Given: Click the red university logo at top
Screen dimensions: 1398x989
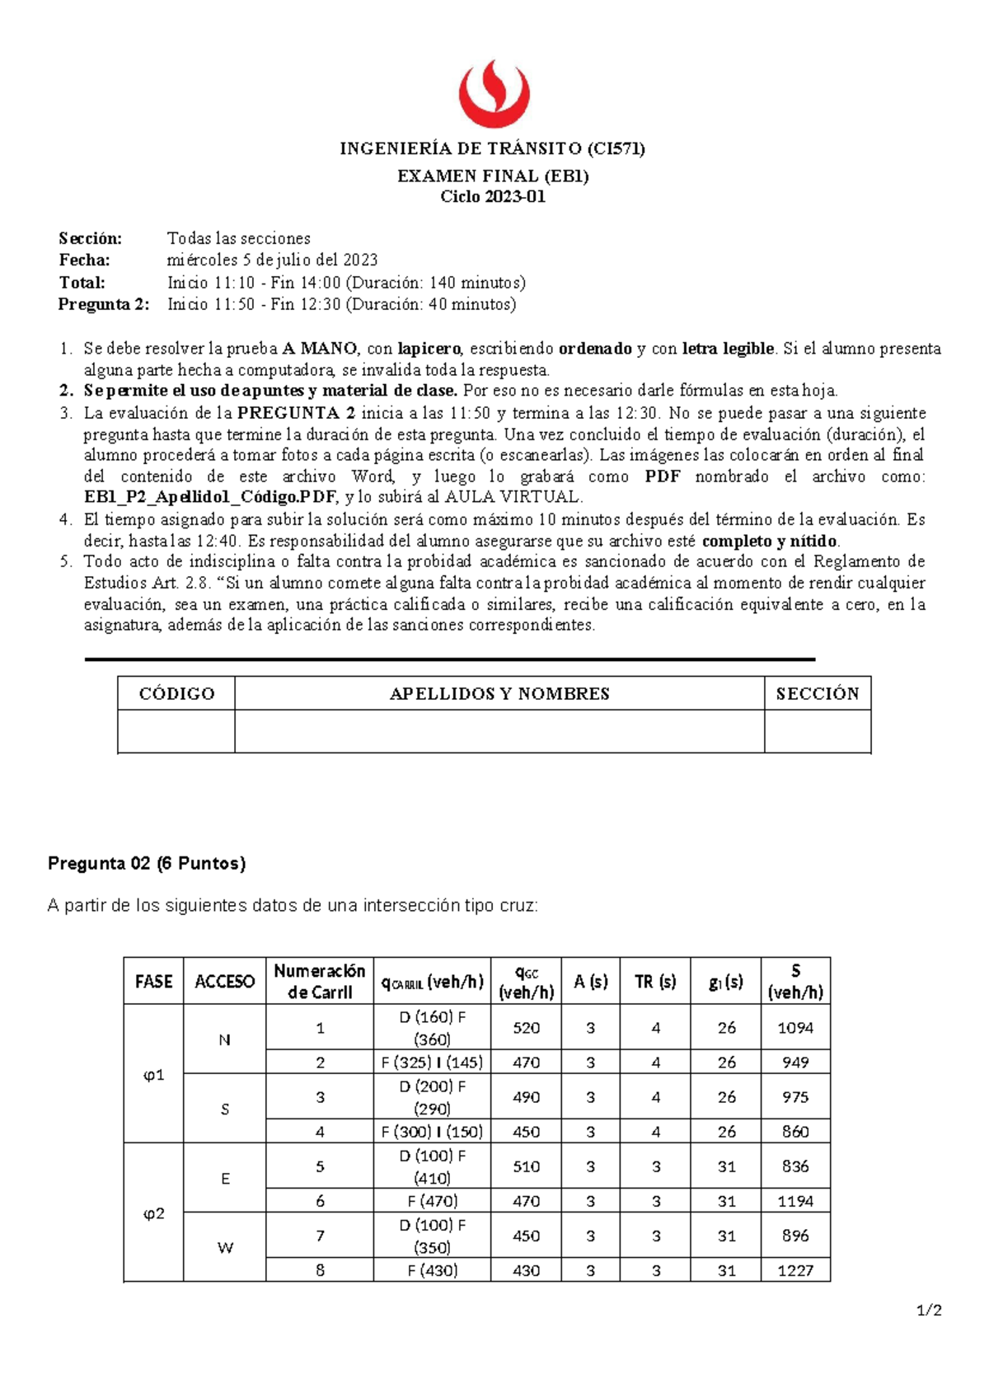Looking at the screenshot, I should (x=494, y=93).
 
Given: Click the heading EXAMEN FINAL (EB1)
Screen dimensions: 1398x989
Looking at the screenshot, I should (x=493, y=176).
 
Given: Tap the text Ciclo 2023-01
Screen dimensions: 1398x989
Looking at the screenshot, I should (x=493, y=197).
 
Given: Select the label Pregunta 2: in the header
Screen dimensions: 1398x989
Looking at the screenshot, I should (x=104, y=304).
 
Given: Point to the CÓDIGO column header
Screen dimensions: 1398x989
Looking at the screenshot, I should (x=176, y=694).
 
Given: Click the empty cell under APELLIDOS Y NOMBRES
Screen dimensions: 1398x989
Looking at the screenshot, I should (x=499, y=731).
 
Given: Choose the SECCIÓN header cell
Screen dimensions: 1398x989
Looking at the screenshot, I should (x=817, y=694).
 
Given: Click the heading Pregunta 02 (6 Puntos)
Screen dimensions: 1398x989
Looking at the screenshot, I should (x=147, y=864).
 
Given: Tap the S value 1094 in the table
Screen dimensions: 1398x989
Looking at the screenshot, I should (x=795, y=1028).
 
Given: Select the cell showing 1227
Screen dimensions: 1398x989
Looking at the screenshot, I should (x=795, y=1270).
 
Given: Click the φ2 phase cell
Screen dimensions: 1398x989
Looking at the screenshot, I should (x=154, y=1213).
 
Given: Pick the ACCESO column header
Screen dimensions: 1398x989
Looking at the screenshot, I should (x=224, y=982).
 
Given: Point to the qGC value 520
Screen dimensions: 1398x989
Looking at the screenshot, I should (x=526, y=1028).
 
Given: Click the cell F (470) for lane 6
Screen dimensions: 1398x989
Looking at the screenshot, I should (x=432, y=1201).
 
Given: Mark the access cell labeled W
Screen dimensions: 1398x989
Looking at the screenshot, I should (x=225, y=1248).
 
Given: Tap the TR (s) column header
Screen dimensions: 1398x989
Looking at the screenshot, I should (x=655, y=982).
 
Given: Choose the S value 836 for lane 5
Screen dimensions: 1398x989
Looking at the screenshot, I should (x=795, y=1166).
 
